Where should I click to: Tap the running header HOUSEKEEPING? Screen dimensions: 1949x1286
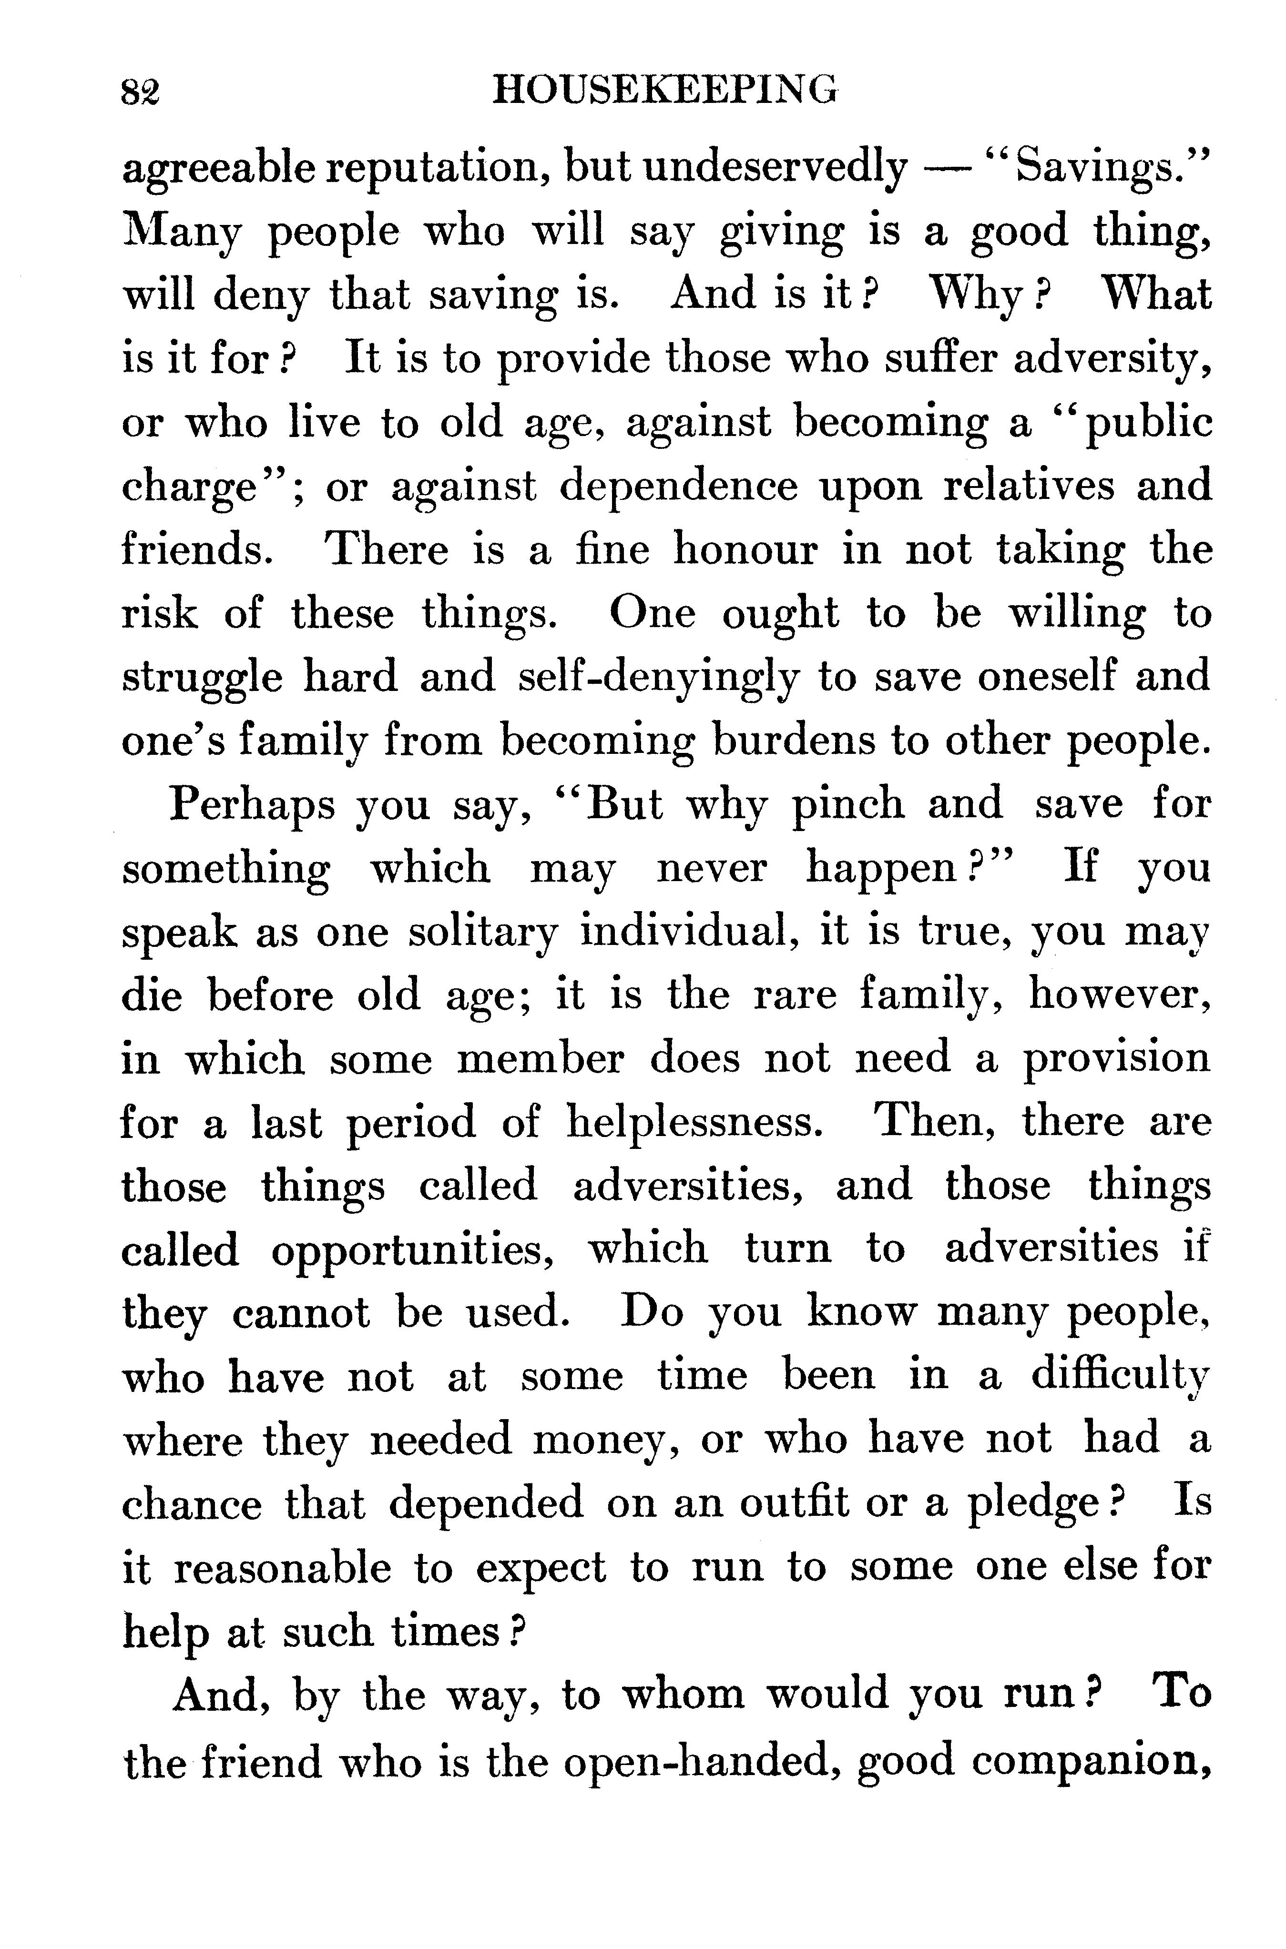coord(665,89)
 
